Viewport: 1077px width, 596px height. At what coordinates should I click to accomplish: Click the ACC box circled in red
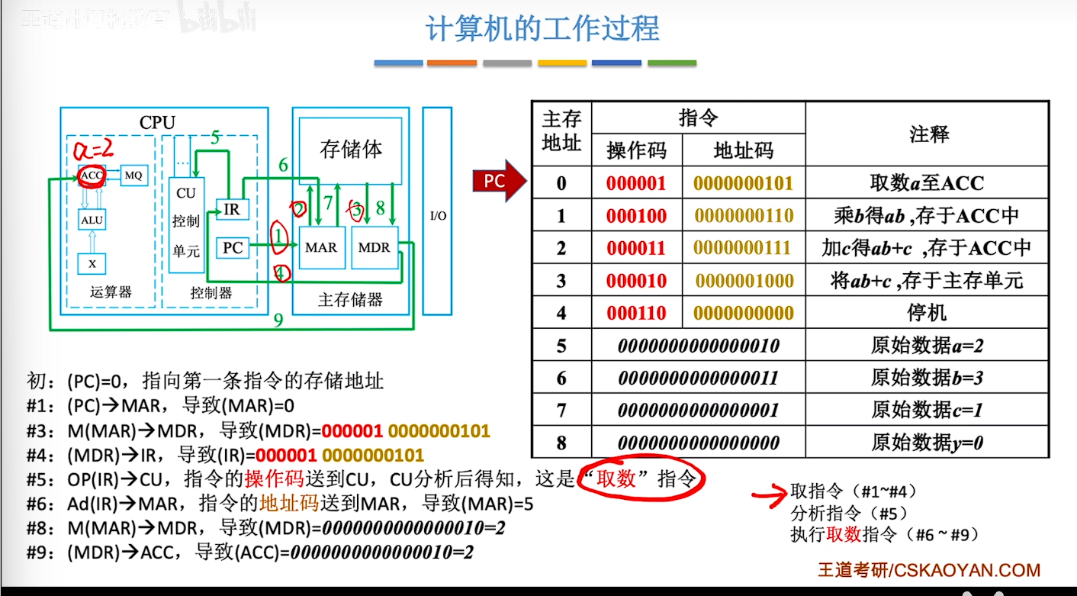91,176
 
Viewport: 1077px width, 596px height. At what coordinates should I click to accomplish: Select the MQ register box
133,176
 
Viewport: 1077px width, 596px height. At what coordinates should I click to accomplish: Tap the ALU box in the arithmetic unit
92,221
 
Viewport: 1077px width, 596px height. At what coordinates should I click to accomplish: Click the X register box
92,263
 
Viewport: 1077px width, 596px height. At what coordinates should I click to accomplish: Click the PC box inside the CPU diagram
233,247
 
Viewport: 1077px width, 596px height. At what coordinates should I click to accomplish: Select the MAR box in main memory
321,247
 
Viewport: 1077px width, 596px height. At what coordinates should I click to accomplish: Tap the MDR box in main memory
374,247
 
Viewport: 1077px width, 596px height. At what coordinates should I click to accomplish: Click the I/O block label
438,216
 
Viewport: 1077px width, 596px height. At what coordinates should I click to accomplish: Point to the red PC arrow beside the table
500,182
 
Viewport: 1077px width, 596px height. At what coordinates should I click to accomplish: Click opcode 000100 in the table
636,216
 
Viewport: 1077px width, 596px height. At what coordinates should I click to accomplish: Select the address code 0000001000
744,281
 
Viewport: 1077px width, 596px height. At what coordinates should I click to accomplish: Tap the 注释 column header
928,135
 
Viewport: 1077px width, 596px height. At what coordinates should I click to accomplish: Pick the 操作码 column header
636,150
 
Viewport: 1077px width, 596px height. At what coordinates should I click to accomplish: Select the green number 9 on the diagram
278,320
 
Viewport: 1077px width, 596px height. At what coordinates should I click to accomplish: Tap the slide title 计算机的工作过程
542,29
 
